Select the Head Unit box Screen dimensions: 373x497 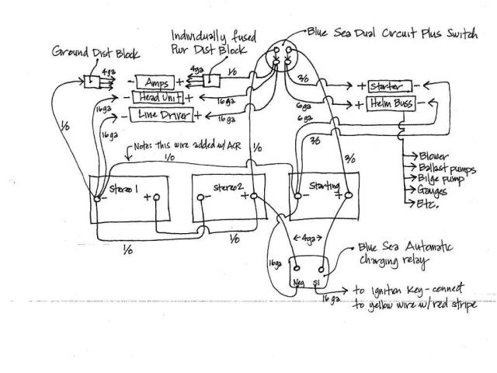[x=157, y=97]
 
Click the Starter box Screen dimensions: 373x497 [x=388, y=84]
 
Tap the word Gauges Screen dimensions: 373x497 [x=431, y=193]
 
